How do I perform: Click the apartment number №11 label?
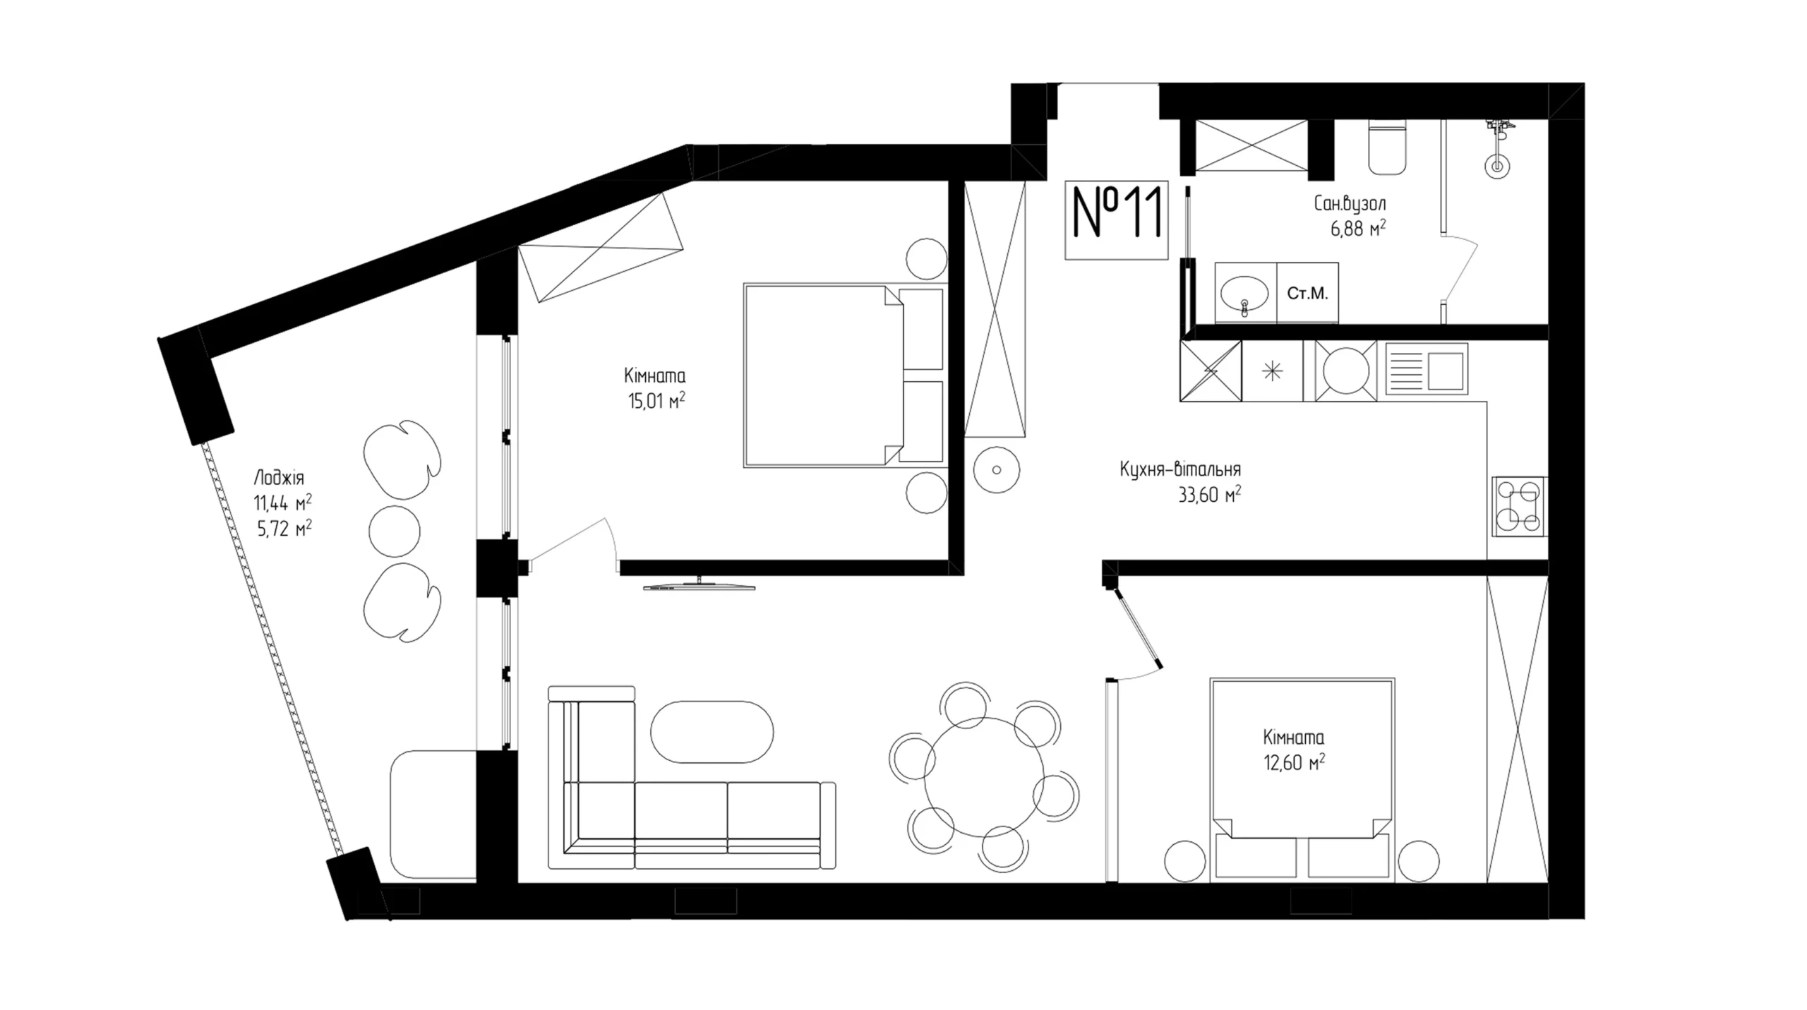pyautogui.click(x=1117, y=220)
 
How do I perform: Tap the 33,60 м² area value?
pyautogui.click(x=1209, y=494)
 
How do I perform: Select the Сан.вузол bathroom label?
pyautogui.click(x=1350, y=204)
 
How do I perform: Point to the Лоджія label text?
pyautogui.click(x=279, y=478)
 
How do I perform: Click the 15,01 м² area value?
pyautogui.click(x=656, y=401)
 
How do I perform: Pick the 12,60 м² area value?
pyautogui.click(x=1294, y=763)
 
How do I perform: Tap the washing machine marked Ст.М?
pyautogui.click(x=1307, y=293)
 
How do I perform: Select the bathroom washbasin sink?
pyautogui.click(x=1244, y=294)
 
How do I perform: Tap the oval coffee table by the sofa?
pyautogui.click(x=712, y=731)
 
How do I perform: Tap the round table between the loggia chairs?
pyautogui.click(x=395, y=531)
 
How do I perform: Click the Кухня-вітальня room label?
pyautogui.click(x=1180, y=469)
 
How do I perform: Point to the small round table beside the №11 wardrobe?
pyautogui.click(x=996, y=470)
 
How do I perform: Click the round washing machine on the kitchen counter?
pyautogui.click(x=1345, y=371)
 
